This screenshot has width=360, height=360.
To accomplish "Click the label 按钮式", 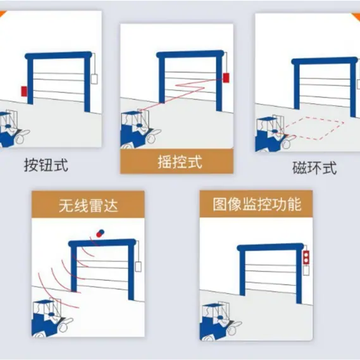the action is point(46,165).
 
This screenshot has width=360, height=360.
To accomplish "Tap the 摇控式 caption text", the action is point(180,161).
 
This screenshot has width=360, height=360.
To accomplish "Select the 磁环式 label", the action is point(314,168).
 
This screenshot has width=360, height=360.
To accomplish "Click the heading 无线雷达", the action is point(89,205).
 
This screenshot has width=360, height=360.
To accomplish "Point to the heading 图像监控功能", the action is point(257,204).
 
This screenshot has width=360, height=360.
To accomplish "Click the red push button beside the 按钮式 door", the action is point(24,91).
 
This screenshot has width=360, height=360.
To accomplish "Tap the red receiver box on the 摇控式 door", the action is point(226,78).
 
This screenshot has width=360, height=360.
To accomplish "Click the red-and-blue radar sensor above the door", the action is point(101,233).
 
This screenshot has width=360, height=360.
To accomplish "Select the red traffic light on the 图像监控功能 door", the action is point(306,258).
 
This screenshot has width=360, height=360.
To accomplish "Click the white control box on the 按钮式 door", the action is point(94,78).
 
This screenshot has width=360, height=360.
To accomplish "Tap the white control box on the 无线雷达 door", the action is point(138,267).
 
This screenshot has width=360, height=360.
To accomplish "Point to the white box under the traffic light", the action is point(306,271).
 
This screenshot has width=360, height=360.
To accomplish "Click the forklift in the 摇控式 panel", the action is point(139,129).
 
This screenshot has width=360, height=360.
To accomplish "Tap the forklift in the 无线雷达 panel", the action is point(52,318).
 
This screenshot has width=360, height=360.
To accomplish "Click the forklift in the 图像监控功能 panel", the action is point(220,321).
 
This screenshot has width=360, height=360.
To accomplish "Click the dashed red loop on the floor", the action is point(315,128).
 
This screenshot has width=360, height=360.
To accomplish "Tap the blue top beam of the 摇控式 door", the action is point(190,54).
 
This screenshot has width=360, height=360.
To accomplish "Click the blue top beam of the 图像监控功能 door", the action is point(270,247).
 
